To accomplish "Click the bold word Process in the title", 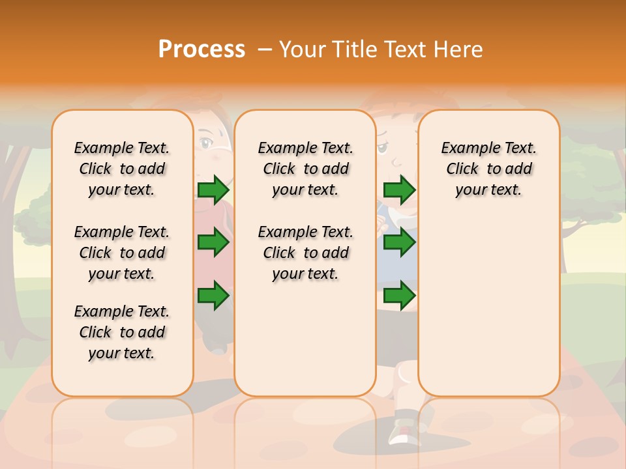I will click(201, 49).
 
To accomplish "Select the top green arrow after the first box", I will click(213, 190).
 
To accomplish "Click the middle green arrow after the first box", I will click(213, 242).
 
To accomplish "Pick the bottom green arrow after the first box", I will click(213, 296).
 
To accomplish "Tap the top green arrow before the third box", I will click(399, 190).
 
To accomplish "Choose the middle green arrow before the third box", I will click(399, 242).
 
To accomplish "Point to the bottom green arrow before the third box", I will click(399, 296).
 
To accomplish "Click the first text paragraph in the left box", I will click(122, 169).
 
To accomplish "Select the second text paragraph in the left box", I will click(122, 253).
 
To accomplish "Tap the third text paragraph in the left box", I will click(122, 332).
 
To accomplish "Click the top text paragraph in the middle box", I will click(305, 169).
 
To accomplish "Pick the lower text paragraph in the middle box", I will click(305, 253).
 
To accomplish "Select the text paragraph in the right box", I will click(488, 169).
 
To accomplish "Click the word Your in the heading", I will click(301, 49).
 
